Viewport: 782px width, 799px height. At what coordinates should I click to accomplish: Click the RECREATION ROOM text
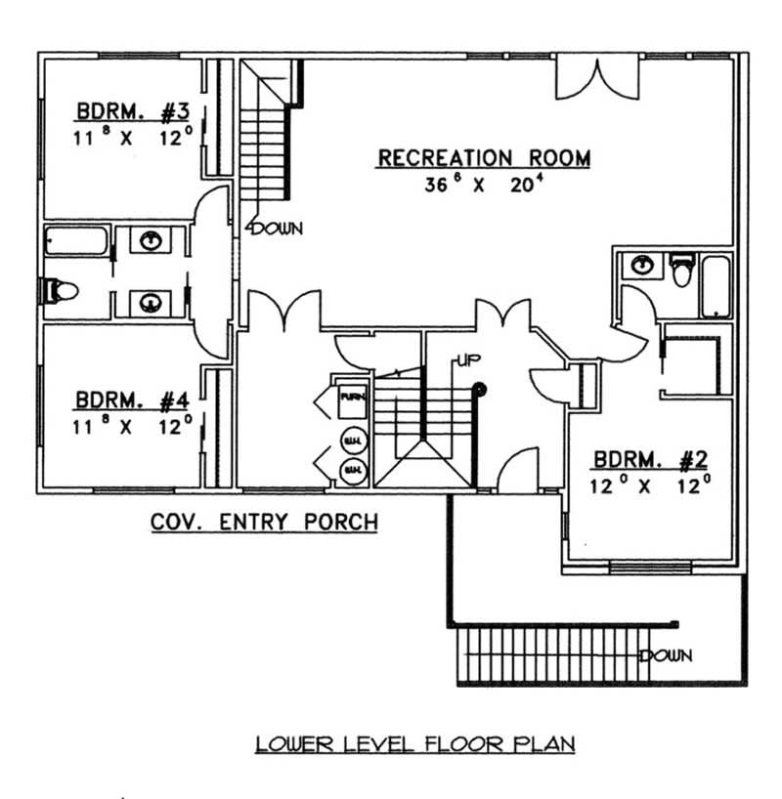[484, 157]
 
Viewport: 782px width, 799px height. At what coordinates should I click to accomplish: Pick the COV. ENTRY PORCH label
[264, 523]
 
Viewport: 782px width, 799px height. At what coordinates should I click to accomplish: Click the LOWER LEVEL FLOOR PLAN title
[415, 744]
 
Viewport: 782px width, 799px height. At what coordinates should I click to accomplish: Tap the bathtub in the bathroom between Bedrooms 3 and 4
[75, 240]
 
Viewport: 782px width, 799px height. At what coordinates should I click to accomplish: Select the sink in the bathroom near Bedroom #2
[641, 265]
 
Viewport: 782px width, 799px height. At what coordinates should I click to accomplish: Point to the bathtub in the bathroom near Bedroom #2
[717, 285]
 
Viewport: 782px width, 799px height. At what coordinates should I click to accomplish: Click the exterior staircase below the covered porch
[547, 654]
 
